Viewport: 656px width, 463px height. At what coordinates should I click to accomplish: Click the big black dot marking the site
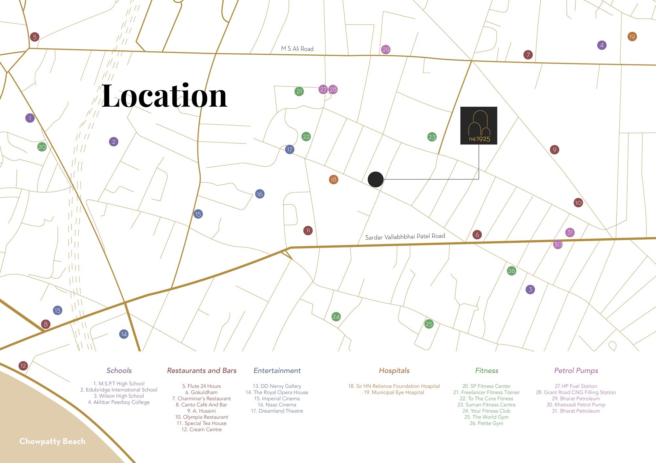(376, 179)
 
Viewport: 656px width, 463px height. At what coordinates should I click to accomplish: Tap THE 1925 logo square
(479, 125)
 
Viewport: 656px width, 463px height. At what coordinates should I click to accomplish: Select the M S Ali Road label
(297, 49)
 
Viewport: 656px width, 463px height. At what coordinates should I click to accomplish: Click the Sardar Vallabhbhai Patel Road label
(405, 236)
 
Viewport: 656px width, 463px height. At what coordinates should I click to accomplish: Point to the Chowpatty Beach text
(52, 441)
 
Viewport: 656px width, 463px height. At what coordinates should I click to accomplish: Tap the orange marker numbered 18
(334, 179)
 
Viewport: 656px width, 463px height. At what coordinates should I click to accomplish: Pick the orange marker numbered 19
(632, 37)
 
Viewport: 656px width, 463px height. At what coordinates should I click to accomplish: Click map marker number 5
(34, 37)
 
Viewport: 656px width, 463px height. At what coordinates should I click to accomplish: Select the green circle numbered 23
(432, 137)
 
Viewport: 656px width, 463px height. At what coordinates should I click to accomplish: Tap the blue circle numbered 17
(290, 150)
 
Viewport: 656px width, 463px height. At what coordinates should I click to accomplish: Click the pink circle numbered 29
(386, 50)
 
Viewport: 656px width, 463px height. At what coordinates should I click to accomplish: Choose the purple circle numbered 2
(113, 142)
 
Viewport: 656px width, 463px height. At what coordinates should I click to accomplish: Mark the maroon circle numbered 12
(23, 366)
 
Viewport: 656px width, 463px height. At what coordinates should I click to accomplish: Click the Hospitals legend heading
(394, 370)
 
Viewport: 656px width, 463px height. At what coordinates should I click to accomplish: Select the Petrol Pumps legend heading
(576, 370)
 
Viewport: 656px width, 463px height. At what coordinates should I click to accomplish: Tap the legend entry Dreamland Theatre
(277, 411)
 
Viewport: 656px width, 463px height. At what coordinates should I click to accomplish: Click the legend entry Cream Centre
(202, 429)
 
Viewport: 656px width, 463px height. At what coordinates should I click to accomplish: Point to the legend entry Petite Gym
(486, 423)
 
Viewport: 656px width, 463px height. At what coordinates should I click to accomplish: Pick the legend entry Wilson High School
(119, 396)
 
